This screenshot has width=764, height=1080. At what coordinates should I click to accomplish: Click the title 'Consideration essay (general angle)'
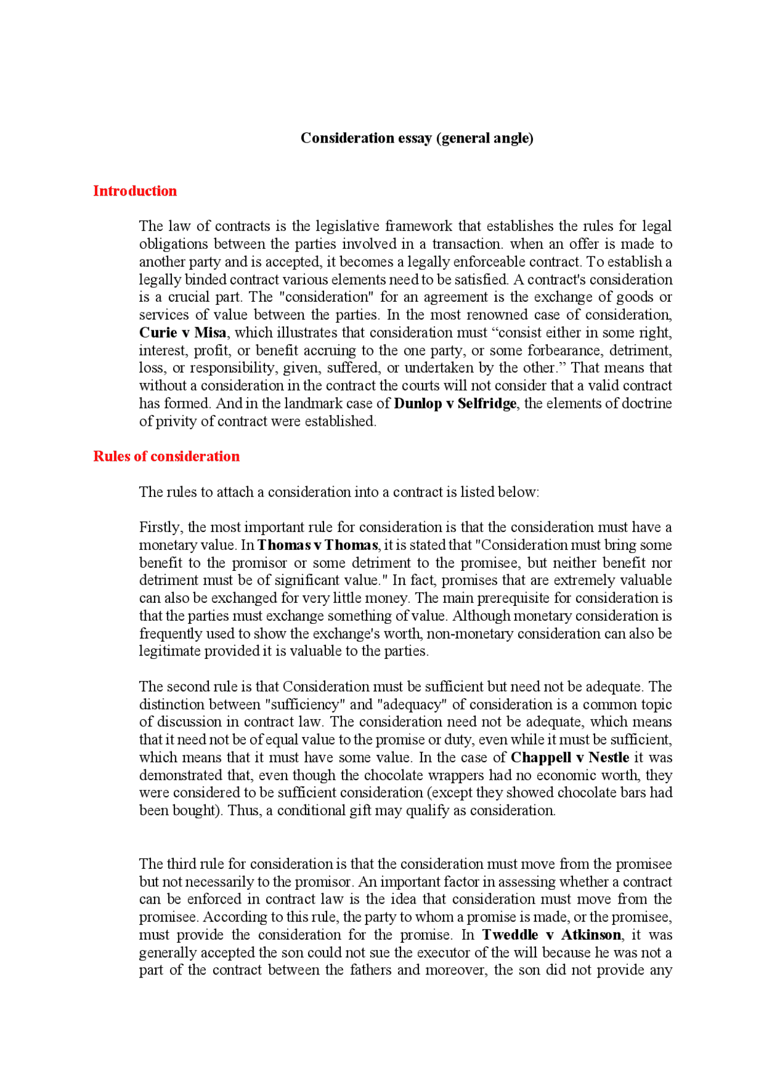point(417,138)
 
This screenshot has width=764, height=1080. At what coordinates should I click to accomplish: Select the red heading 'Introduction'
point(135,191)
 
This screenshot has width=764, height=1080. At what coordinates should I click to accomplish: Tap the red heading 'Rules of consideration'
point(166,456)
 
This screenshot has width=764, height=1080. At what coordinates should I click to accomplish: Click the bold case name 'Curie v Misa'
point(182,333)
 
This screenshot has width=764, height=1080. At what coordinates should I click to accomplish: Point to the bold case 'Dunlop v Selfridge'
point(455,404)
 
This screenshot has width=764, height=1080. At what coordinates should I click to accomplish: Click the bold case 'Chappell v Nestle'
point(569,757)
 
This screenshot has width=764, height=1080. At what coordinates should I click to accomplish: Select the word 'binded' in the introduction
point(205,280)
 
